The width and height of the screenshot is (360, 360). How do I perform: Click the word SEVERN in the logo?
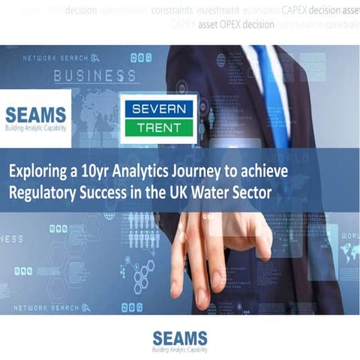pyautogui.click(x=158, y=109)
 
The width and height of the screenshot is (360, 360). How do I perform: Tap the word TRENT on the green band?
pyautogui.click(x=158, y=128)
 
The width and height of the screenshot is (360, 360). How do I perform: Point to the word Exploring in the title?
pyautogui.click(x=37, y=171)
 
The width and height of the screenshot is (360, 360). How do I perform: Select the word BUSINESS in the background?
pyautogui.click(x=94, y=75)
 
